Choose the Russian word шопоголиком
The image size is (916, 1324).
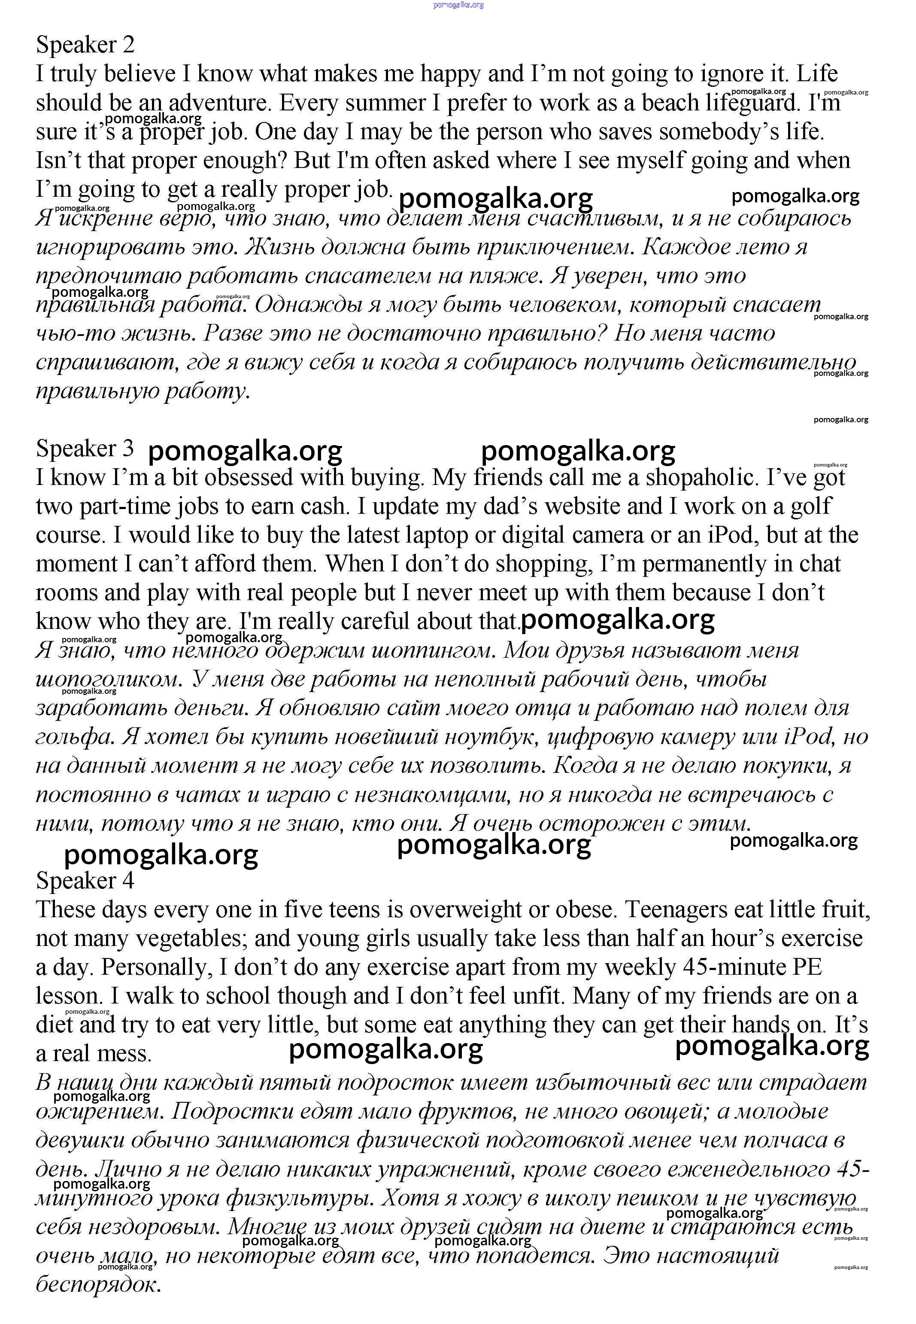click(x=109, y=680)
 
